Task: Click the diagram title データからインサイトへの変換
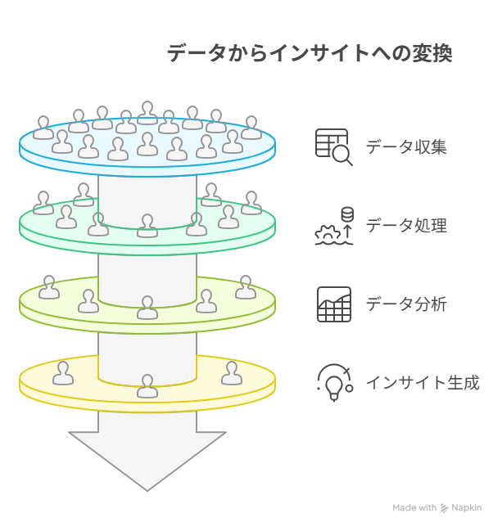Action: tap(310, 53)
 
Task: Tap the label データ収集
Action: tap(406, 147)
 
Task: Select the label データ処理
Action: tap(406, 225)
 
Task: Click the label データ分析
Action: tap(406, 304)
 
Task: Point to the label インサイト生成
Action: tap(423, 383)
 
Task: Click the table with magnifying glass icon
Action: tap(333, 147)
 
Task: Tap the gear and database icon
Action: tap(334, 226)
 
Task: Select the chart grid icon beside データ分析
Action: tap(334, 304)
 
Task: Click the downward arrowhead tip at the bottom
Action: tap(147, 490)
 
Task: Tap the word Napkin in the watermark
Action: tap(467, 507)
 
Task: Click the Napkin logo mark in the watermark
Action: tap(444, 508)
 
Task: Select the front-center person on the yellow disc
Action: tap(147, 386)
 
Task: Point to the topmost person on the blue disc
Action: tap(147, 113)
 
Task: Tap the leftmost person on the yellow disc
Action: tap(63, 373)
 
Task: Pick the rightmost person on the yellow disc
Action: tap(232, 373)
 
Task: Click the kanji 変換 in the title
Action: tap(432, 53)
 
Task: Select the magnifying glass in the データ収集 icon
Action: tap(342, 155)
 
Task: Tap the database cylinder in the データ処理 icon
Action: tap(347, 214)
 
